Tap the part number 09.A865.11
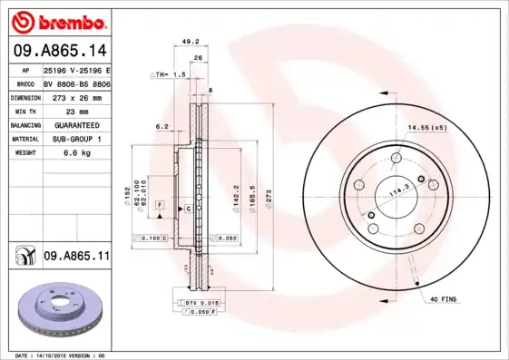click(76, 258)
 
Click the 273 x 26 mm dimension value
click(76, 96)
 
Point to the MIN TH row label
click(24, 110)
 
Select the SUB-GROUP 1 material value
click(72, 139)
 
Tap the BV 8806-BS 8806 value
click(77, 83)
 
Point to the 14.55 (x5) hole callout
click(427, 127)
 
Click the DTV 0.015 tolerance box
click(201, 301)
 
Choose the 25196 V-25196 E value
click(77, 69)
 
